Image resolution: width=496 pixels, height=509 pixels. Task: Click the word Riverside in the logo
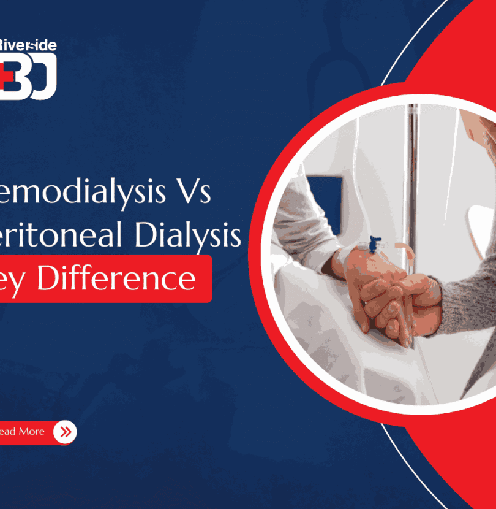28,45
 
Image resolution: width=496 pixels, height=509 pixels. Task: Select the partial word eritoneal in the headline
69,237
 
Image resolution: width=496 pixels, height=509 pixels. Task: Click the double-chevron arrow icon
64,432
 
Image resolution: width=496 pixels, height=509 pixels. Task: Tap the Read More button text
22,432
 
